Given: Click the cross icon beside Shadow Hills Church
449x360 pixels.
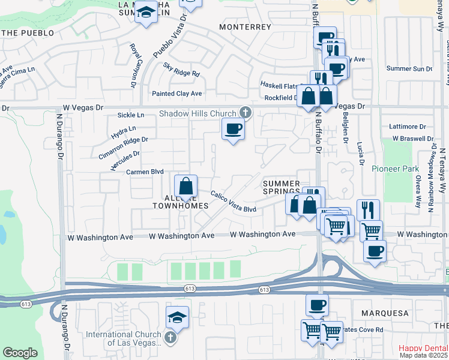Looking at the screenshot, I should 245,112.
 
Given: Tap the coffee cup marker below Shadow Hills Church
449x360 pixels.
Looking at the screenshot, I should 234,128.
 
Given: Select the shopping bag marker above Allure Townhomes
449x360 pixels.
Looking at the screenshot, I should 186,185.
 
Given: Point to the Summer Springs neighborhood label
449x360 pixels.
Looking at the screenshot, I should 281,187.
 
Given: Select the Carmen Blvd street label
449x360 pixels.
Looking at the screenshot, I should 145,172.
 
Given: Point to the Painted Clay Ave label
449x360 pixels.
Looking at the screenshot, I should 176,94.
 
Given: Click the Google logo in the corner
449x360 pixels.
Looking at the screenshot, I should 20,352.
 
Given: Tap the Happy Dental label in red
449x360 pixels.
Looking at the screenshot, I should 424,348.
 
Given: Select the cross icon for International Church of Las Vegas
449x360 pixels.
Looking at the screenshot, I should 170,338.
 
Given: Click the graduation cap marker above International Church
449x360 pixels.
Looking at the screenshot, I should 178,316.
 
